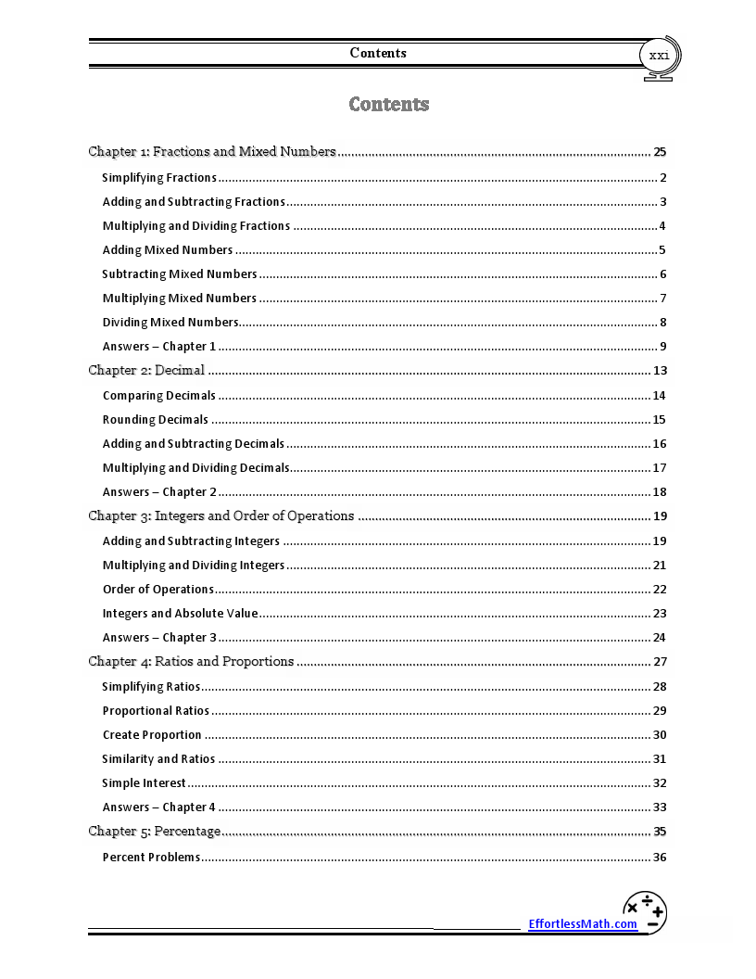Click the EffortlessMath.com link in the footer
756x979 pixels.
coord(583,923)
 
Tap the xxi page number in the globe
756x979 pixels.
coord(659,56)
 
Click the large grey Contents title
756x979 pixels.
coord(389,104)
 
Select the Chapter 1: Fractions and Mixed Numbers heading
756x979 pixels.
coord(212,151)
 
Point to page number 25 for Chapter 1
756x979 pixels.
coord(660,152)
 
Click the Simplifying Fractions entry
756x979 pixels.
coord(159,177)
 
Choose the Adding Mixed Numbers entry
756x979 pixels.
coord(168,249)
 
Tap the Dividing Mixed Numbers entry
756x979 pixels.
coord(170,322)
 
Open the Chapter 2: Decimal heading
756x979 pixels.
coord(146,370)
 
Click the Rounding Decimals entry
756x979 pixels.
coord(156,419)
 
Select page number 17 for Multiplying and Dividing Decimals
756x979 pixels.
coord(660,468)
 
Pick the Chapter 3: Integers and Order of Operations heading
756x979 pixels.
coord(221,515)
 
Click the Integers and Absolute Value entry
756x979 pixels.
coord(180,613)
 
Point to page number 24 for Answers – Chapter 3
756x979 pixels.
coord(660,638)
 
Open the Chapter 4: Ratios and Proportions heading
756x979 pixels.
coord(191,661)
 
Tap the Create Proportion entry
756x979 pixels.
coord(152,734)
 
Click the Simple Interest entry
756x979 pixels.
coord(144,782)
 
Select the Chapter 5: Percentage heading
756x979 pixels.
coord(155,831)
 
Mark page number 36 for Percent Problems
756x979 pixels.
coord(660,858)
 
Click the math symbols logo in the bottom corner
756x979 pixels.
coord(645,911)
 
